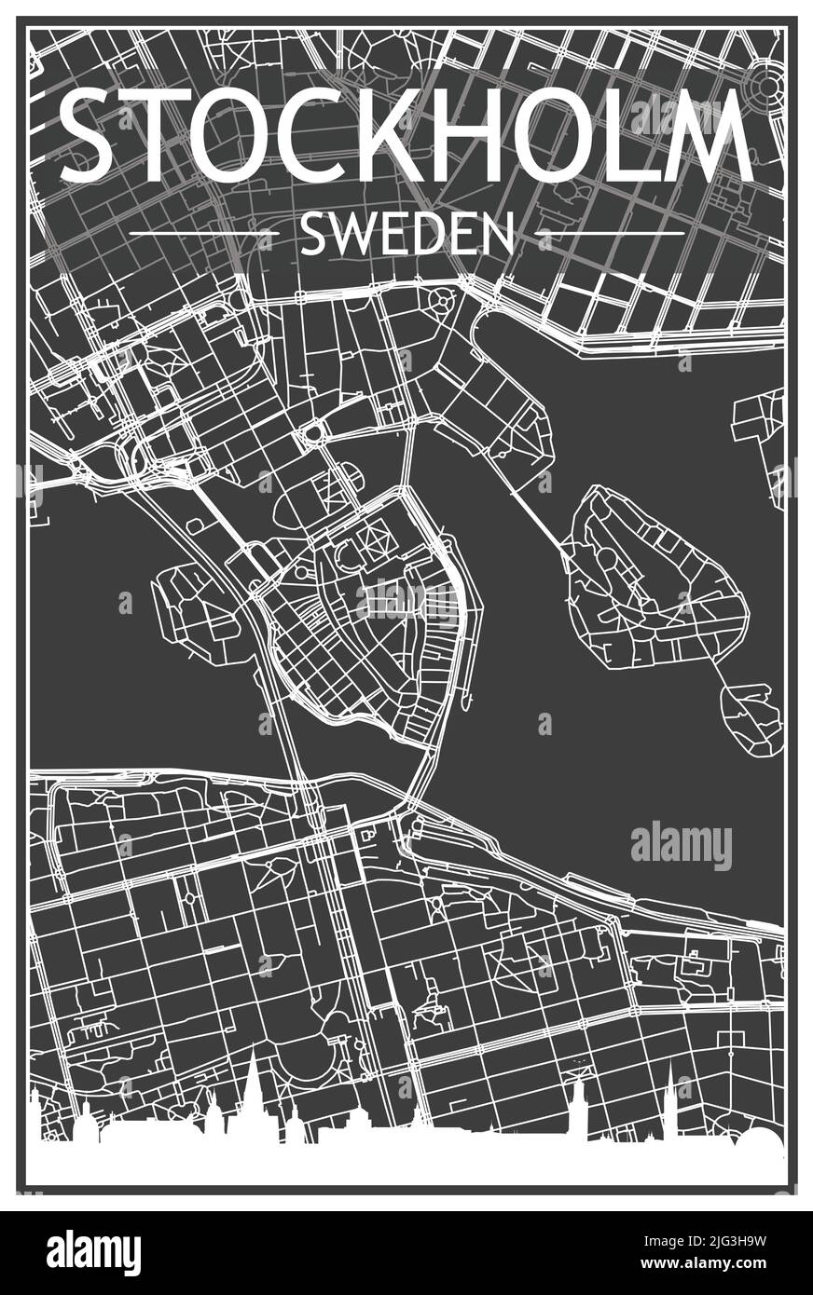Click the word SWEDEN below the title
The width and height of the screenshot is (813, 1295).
click(406, 234)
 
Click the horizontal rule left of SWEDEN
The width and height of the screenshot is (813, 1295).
click(204, 233)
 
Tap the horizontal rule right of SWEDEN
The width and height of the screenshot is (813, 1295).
click(611, 233)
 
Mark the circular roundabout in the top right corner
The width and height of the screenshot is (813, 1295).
click(766, 87)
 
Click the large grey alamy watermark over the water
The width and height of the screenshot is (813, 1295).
click(681, 846)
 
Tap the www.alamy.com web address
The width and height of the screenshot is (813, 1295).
click(724, 1265)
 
